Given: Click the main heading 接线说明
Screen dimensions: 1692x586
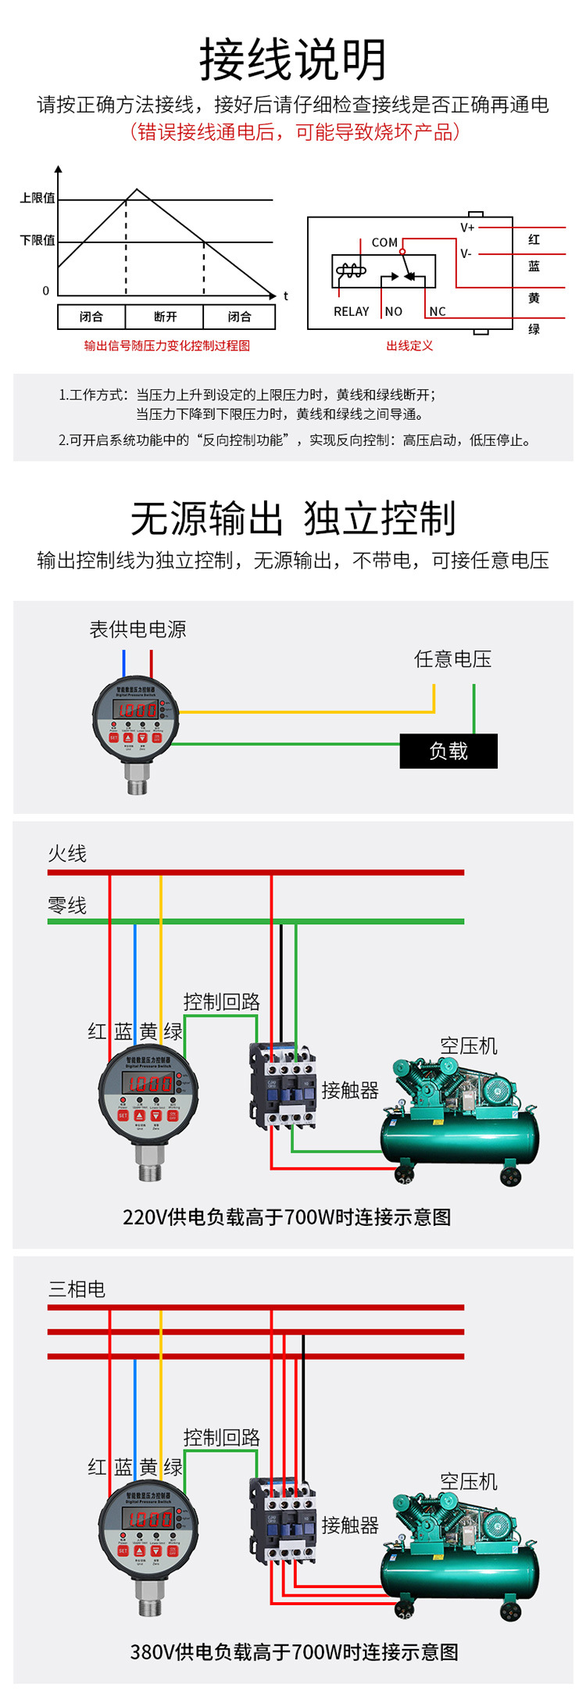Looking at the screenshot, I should [293, 60].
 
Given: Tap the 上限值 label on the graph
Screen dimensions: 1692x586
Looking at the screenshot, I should [38, 198].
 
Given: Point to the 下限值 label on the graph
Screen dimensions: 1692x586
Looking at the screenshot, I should [38, 240].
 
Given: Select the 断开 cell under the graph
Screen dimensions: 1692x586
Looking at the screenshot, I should [165, 317].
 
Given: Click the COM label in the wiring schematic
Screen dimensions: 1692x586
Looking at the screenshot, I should [384, 242].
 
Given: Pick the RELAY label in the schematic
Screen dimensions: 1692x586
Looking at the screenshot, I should [351, 311].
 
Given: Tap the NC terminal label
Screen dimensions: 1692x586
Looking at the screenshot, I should [438, 311].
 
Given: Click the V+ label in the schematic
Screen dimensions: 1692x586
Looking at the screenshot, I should [467, 228].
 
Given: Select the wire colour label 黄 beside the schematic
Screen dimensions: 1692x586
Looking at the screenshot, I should [534, 298].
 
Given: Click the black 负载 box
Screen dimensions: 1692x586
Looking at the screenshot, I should [448, 751].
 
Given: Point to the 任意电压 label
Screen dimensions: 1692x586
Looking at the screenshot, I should [452, 659].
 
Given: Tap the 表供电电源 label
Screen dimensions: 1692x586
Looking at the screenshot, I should [138, 629].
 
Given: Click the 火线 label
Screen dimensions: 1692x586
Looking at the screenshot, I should [67, 853].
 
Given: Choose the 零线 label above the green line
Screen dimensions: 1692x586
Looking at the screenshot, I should [67, 905].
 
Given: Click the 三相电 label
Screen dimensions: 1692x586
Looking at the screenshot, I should [77, 1289].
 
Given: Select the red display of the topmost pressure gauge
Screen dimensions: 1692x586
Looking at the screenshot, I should [136, 710].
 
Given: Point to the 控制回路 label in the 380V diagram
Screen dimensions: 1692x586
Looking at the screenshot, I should [221, 1437].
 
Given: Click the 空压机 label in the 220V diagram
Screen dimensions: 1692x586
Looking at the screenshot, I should [469, 1045].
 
